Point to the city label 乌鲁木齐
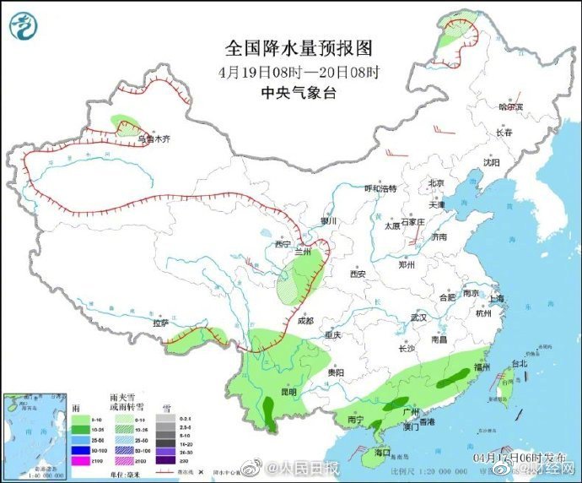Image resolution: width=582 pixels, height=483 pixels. (151, 139)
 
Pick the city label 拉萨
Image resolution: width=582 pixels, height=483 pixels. (160, 323)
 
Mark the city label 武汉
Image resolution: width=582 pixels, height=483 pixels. (418, 317)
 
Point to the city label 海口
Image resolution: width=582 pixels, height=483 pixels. (382, 453)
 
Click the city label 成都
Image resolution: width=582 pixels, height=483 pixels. (305, 321)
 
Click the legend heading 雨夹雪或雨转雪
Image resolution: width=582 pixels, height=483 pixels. (124, 402)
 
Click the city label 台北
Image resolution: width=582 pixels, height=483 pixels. (519, 365)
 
